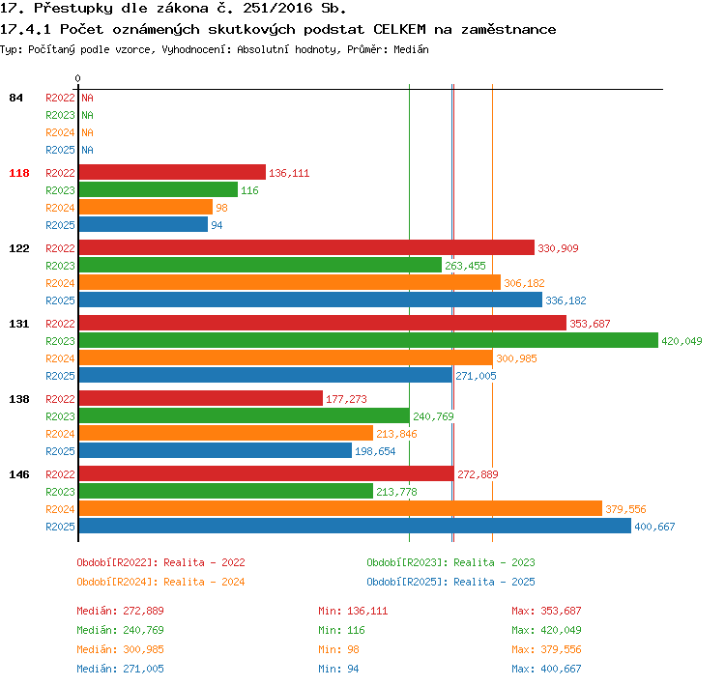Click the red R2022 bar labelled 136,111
coord(172,172)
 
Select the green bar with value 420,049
coord(368,340)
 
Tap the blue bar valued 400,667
coord(355,526)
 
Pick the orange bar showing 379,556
coord(341,508)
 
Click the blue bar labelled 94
coord(143,224)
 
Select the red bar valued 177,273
coord(201,398)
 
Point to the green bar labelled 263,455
coord(260,265)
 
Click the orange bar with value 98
coord(146,207)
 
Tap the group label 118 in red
coord(19,173)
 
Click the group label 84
coord(15,98)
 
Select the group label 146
coord(19,474)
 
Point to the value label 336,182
coord(565,300)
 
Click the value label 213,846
coord(396,434)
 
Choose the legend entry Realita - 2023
coord(494,562)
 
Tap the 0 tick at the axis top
coord(77,78)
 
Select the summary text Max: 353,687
coord(546,611)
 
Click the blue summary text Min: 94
coord(338,669)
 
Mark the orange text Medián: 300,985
coord(120,649)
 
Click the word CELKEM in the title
coord(399,29)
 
